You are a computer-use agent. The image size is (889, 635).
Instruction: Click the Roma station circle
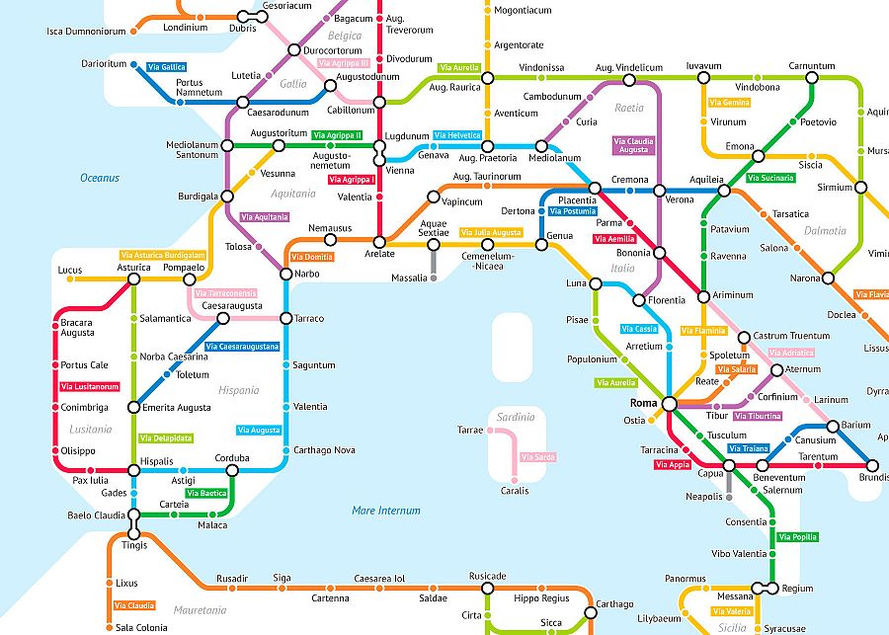click(669, 403)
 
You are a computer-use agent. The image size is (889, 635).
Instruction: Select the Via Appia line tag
click(673, 464)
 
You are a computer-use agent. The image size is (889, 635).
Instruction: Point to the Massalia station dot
click(433, 278)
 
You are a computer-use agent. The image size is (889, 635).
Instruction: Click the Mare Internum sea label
click(385, 511)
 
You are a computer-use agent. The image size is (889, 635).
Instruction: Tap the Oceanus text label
click(100, 178)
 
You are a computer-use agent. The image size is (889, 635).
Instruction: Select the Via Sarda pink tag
click(538, 457)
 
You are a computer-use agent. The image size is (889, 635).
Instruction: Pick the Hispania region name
click(238, 390)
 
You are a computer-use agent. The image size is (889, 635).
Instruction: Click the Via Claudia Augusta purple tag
click(633, 146)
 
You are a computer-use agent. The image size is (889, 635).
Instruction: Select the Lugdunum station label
click(406, 136)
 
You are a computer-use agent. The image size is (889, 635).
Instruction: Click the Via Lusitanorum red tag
click(89, 386)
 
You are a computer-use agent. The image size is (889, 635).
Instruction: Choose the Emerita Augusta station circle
click(134, 407)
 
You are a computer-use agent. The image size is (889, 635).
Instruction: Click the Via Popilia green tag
click(797, 537)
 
